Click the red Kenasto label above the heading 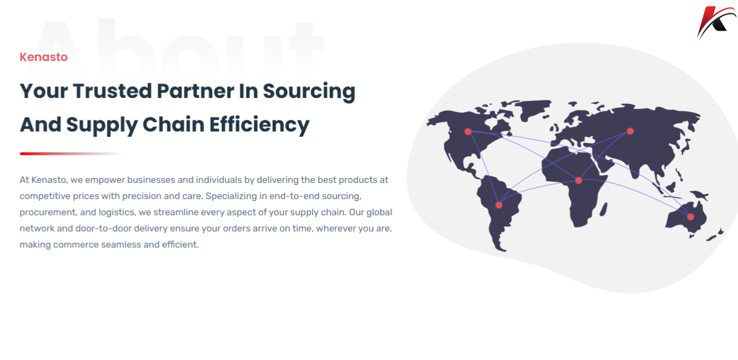tap(43, 57)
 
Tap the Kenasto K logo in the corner tap(716, 22)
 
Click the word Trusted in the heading tap(112, 91)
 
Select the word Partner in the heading tap(195, 91)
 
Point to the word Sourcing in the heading tap(309, 92)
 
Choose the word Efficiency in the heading tap(259, 125)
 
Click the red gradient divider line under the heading tap(71, 153)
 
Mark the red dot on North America tap(468, 132)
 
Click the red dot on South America tap(499, 205)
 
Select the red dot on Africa tap(578, 181)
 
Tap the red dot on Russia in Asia tap(630, 131)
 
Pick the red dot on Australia tap(691, 217)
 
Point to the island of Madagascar tap(604, 209)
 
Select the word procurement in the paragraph tap(47, 212)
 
